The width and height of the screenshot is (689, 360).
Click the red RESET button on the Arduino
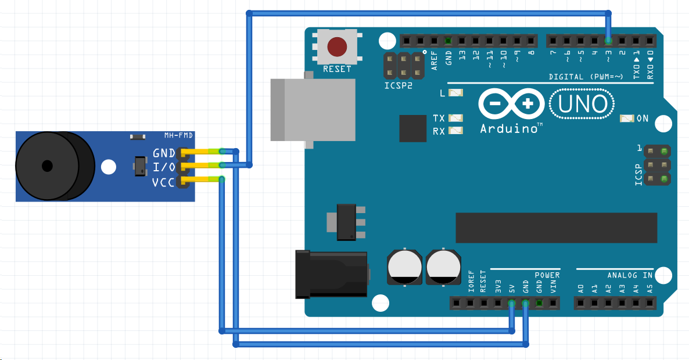pyautogui.click(x=337, y=46)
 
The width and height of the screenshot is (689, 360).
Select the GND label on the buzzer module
pyautogui.click(x=164, y=154)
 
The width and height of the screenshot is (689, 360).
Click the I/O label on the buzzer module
pyautogui.click(x=164, y=168)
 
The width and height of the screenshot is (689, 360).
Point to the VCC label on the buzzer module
pyautogui.click(x=164, y=183)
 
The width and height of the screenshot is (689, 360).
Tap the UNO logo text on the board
pyautogui.click(x=583, y=104)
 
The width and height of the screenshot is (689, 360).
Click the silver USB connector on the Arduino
pyautogui.click(x=313, y=110)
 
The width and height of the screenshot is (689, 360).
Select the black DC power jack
pyautogui.click(x=331, y=274)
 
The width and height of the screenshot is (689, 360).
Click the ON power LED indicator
pyautogui.click(x=627, y=118)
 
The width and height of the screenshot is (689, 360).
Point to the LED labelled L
pyautogui.click(x=457, y=93)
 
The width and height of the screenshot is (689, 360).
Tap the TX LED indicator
pyautogui.click(x=457, y=118)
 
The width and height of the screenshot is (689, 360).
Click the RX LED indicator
pyautogui.click(x=457, y=131)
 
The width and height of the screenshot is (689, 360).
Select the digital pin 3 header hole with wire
pyautogui.click(x=608, y=41)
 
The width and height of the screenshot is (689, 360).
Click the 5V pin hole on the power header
pyautogui.click(x=511, y=303)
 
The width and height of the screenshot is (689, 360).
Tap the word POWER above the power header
pyautogui.click(x=547, y=275)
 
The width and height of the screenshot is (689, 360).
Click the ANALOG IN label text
pyautogui.click(x=630, y=275)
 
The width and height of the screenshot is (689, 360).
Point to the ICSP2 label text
pyautogui.click(x=399, y=85)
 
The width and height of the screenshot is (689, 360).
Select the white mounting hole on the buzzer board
pyautogui.click(x=108, y=168)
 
